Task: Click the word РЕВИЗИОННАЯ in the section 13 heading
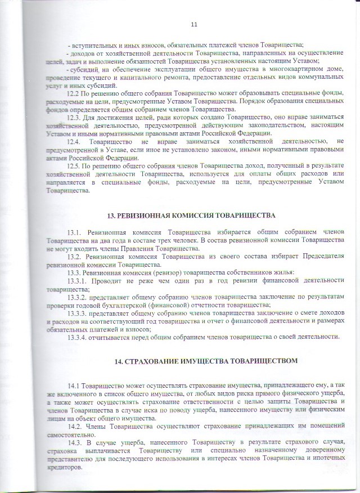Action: (143, 216)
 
